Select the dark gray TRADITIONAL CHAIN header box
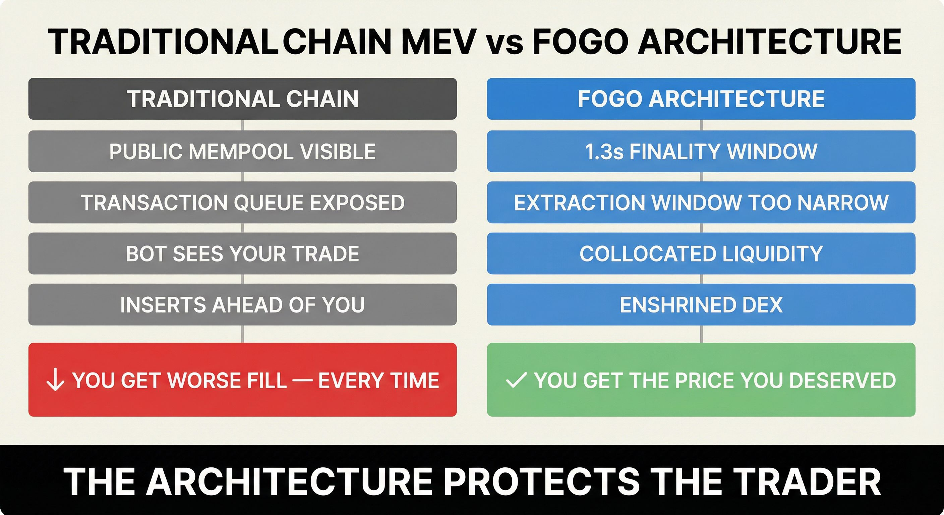click(x=243, y=99)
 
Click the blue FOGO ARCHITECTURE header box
click(x=701, y=99)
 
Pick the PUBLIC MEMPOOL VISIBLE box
click(x=243, y=151)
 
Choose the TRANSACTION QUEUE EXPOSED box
click(x=243, y=202)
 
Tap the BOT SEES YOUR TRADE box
click(x=243, y=253)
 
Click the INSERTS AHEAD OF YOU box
click(x=243, y=304)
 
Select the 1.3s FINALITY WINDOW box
click(x=701, y=151)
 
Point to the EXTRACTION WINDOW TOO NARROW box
click(x=701, y=202)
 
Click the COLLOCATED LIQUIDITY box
click(x=701, y=253)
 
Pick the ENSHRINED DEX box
click(x=701, y=304)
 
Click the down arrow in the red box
click(x=55, y=380)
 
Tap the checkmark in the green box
click(x=516, y=380)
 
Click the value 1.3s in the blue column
click(x=604, y=152)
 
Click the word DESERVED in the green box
click(x=842, y=380)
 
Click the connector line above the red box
click(x=243, y=334)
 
